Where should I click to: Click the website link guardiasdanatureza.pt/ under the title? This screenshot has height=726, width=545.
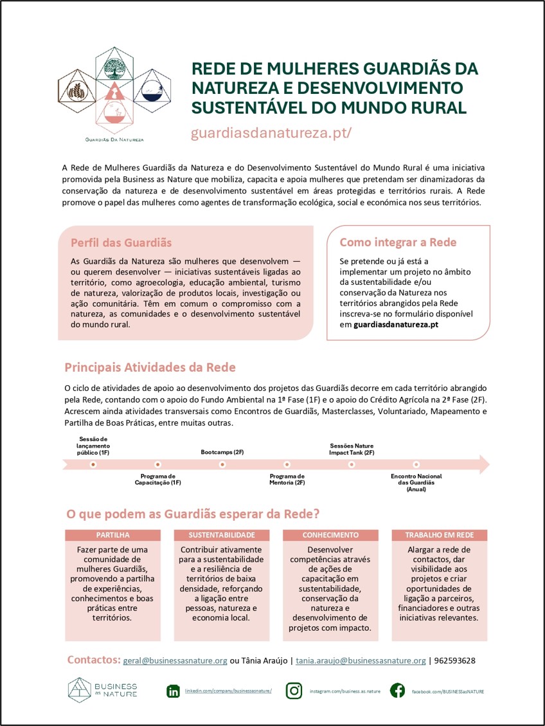[x=271, y=133]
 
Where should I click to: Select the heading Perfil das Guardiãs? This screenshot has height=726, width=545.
[x=121, y=242]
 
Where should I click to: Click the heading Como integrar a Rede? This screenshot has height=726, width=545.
[x=398, y=242]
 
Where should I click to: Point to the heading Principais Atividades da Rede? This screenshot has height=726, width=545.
[x=150, y=368]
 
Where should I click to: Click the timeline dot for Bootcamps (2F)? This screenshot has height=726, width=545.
[x=222, y=464]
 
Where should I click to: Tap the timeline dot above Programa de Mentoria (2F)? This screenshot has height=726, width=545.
[x=287, y=464]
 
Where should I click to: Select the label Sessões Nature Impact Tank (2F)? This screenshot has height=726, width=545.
[x=352, y=449]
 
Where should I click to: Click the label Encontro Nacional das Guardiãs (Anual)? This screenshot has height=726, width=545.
[x=416, y=482]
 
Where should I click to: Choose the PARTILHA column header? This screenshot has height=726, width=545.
[x=113, y=535]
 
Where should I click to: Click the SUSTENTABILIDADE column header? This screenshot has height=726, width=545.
[x=222, y=535]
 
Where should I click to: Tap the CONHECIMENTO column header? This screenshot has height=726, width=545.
[x=330, y=535]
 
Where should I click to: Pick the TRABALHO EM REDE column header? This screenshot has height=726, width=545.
[x=440, y=535]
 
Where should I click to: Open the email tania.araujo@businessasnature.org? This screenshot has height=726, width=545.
[x=361, y=661]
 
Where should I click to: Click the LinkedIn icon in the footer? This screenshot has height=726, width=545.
[x=173, y=691]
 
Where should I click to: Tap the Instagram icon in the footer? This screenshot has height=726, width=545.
[x=294, y=691]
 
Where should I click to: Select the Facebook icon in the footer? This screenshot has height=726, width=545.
[x=398, y=691]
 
